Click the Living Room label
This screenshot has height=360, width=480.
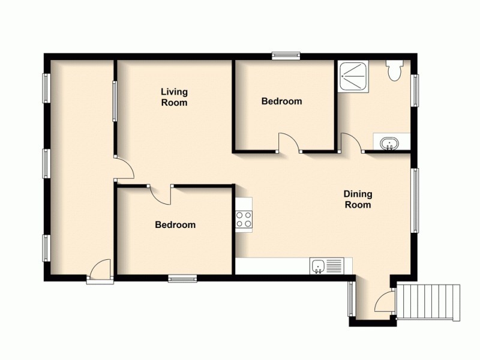(x=174, y=97)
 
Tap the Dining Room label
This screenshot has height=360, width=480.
(x=358, y=199)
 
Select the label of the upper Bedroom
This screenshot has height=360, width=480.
(x=281, y=101)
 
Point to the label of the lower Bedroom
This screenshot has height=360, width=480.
(x=175, y=225)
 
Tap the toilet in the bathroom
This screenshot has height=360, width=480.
(x=395, y=71)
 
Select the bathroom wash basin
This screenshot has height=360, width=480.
(x=390, y=143)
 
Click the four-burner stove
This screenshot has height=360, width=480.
(x=244, y=220)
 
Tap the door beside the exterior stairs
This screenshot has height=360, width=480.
(x=385, y=300)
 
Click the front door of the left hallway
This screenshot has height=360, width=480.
(x=100, y=269)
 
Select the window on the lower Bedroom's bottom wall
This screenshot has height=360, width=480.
(x=182, y=278)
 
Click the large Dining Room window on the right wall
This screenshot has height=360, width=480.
(x=415, y=200)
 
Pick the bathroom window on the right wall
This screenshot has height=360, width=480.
(x=415, y=90)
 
